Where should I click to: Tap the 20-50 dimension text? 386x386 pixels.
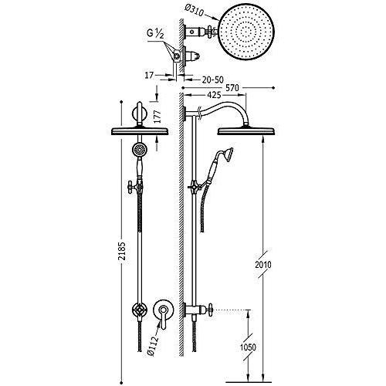click(x=214, y=78)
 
